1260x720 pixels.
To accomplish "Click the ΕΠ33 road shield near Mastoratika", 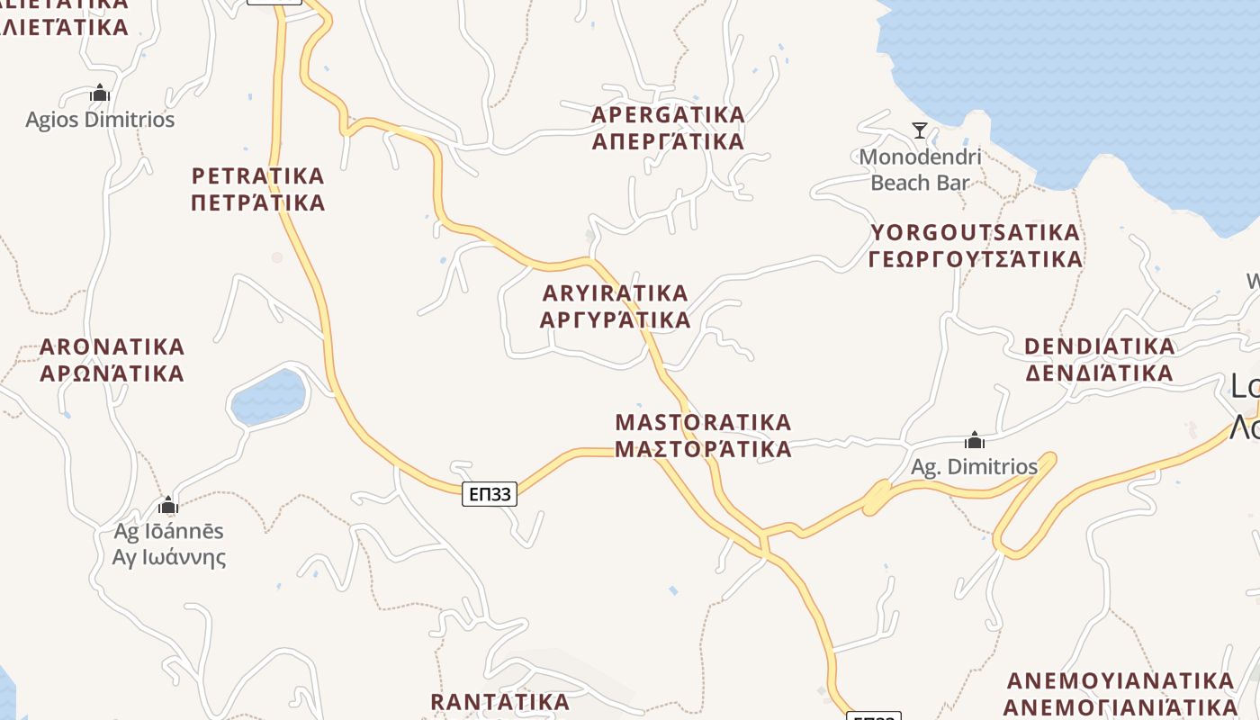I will (x=490, y=493).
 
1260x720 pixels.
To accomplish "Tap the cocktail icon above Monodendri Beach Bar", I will (x=919, y=130).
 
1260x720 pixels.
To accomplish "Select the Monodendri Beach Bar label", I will (x=920, y=170).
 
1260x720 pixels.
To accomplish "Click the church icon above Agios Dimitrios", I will (x=100, y=93).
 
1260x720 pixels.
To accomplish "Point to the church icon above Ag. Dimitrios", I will (x=974, y=440).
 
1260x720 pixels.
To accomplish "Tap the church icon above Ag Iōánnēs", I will (x=167, y=504).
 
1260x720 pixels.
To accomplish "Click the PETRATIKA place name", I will (x=257, y=175).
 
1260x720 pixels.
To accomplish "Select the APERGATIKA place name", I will (x=668, y=115).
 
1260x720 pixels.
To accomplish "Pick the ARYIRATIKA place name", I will (x=616, y=293).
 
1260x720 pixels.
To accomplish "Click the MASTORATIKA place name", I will (x=703, y=422).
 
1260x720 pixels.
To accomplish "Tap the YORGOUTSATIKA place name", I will (x=975, y=233).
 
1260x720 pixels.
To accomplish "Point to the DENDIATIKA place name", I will (x=1099, y=346).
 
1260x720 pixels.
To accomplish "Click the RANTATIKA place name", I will (x=499, y=702).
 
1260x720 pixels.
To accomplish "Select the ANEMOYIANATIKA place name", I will (x=1120, y=680).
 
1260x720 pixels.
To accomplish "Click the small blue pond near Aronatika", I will (x=268, y=397).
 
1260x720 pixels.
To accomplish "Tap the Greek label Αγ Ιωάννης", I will (x=169, y=557).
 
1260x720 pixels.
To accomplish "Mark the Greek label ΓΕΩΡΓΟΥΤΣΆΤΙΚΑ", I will (x=975, y=260).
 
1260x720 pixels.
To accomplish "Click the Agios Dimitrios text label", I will (x=100, y=120).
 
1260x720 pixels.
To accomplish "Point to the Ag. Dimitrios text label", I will (x=974, y=467).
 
